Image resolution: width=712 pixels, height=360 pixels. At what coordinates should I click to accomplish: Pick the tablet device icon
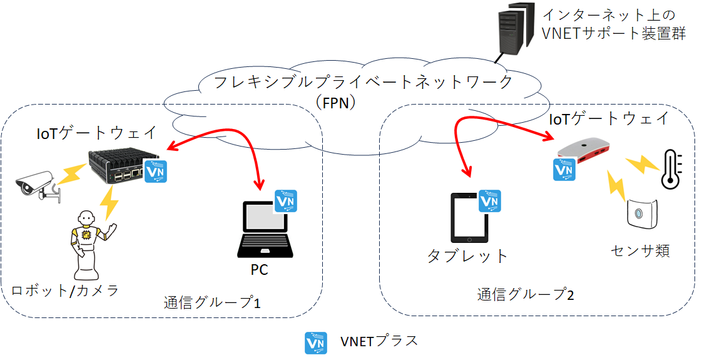pyautogui.click(x=469, y=218)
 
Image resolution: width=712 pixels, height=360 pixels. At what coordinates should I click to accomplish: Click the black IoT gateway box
pyautogui.click(x=119, y=166)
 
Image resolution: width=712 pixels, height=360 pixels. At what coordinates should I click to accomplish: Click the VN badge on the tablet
pyautogui.click(x=491, y=200)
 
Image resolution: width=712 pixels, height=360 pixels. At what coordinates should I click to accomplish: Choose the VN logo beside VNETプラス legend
pyautogui.click(x=315, y=343)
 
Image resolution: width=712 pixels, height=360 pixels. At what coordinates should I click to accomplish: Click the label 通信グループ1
pyautogui.click(x=212, y=303)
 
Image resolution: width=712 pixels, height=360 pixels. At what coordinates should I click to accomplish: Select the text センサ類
pyautogui.click(x=641, y=251)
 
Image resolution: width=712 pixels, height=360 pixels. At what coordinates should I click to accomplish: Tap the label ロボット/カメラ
pyautogui.click(x=66, y=291)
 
